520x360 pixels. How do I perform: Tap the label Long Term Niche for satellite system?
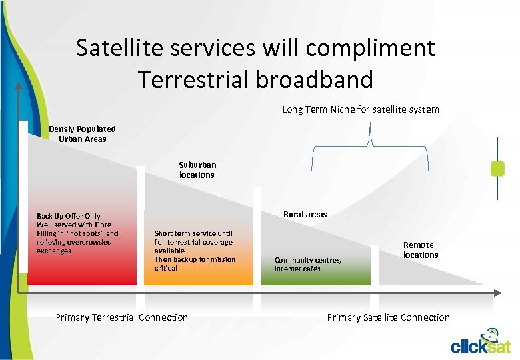click(360, 109)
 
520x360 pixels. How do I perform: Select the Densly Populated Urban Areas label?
click(82, 134)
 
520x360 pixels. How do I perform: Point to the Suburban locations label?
click(197, 170)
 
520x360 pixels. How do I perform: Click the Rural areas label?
click(305, 215)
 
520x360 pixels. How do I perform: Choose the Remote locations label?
click(420, 250)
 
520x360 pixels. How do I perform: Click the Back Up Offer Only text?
click(69, 216)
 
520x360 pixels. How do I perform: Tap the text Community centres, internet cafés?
click(308, 265)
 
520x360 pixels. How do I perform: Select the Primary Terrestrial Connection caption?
click(122, 318)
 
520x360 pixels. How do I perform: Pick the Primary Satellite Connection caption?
click(388, 318)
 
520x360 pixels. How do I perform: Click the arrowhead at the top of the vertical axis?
click(18, 85)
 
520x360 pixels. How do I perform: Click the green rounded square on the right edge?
click(497, 169)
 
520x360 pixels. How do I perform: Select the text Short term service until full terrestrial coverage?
click(193, 242)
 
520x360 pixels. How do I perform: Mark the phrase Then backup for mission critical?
click(194, 263)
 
